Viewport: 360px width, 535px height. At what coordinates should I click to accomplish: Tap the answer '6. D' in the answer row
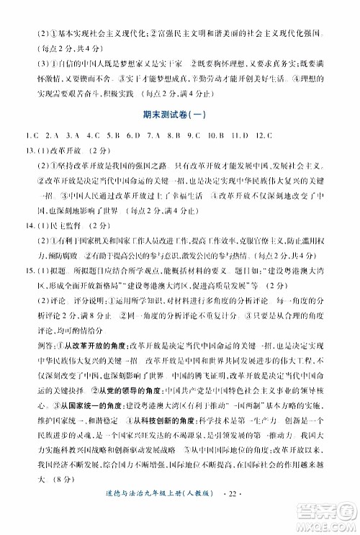tap(131, 135)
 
